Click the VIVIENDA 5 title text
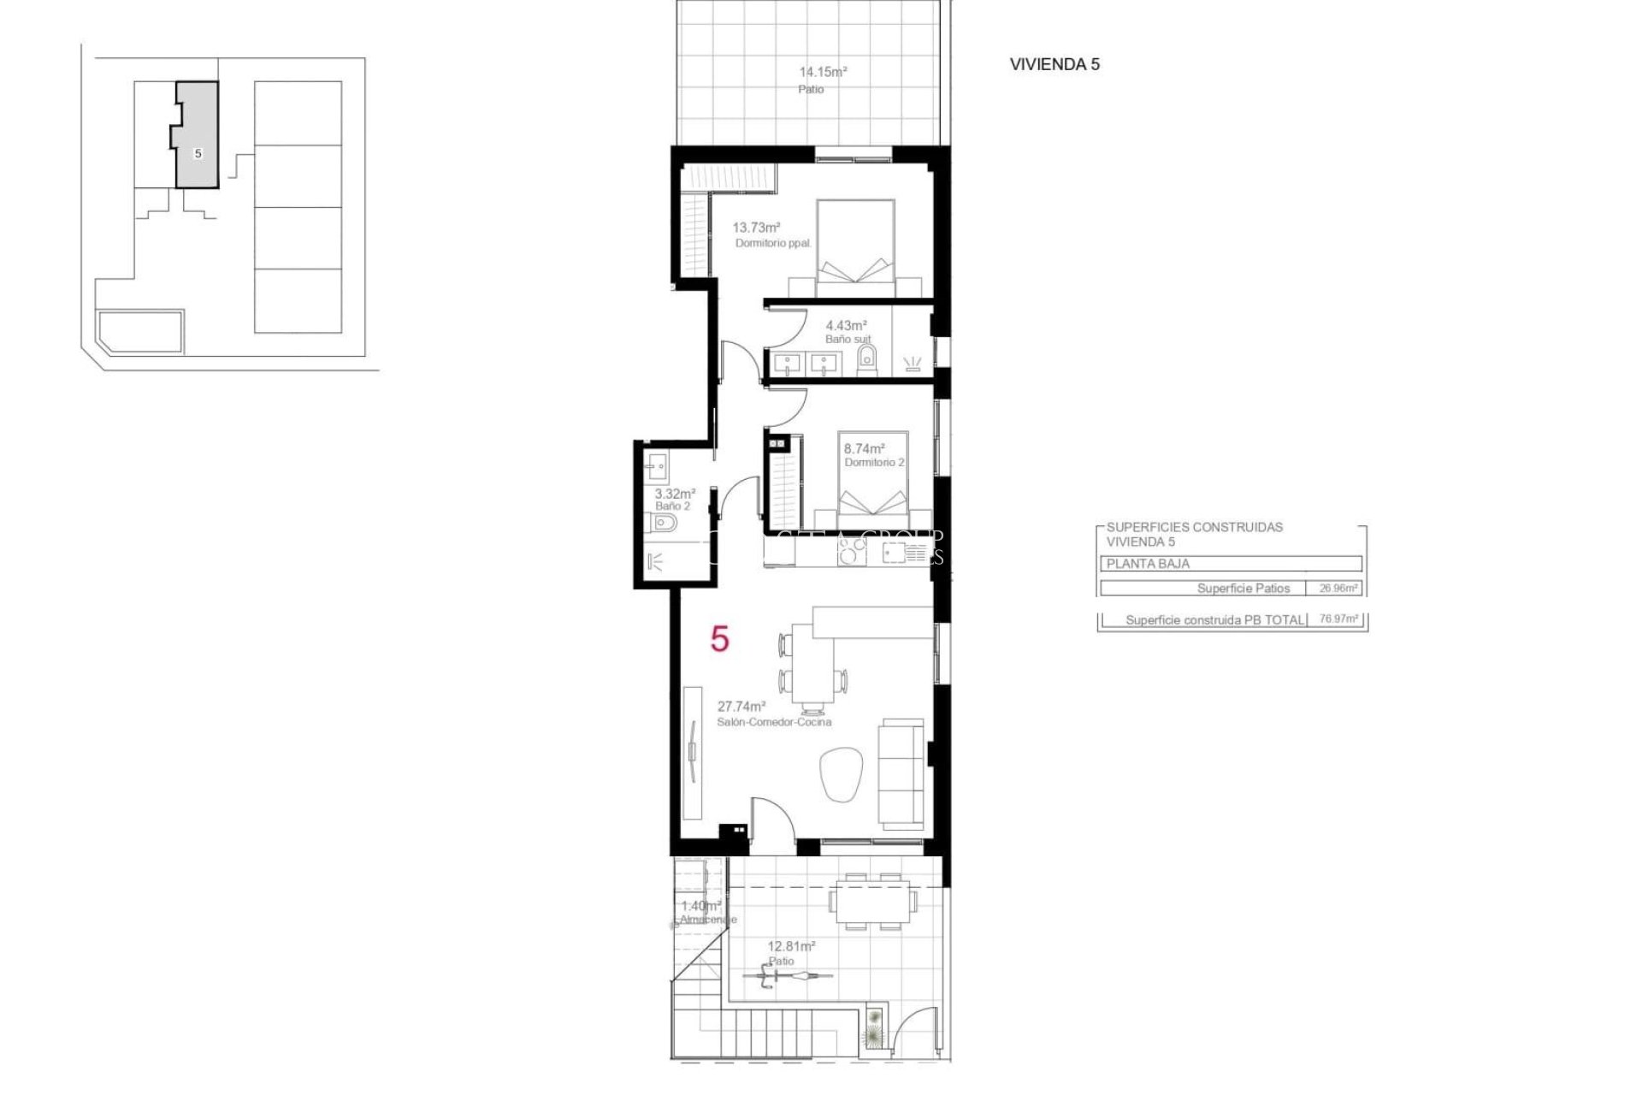[1054, 64]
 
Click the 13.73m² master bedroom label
[756, 228]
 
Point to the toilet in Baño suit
[867, 358]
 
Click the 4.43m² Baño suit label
[846, 326]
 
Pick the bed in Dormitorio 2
[872, 483]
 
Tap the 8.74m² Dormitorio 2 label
[864, 449]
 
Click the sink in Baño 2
[658, 467]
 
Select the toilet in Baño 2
[666, 523]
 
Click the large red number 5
[719, 639]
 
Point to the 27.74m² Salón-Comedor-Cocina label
[741, 707]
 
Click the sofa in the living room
[903, 773]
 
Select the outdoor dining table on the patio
[872, 900]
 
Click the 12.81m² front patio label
[790, 947]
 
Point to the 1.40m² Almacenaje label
[700, 907]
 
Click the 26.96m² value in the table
[1338, 589]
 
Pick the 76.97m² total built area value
[1338, 619]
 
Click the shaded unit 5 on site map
[198, 145]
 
